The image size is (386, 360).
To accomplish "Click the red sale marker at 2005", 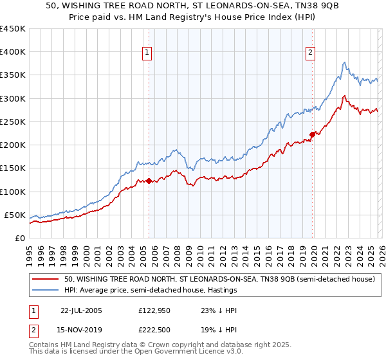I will click(x=149, y=181).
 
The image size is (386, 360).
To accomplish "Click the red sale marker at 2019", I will click(x=312, y=134).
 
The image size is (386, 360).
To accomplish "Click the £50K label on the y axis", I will click(x=15, y=215).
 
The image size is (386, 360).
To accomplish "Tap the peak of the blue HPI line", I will click(x=345, y=62).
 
